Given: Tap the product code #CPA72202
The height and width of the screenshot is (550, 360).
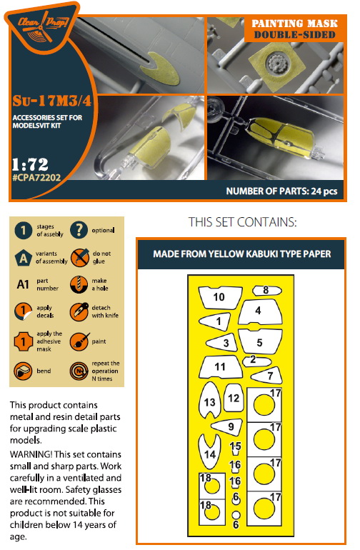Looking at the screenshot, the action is click(x=36, y=177).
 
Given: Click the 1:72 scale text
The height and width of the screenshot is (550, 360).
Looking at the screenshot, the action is click(x=30, y=164).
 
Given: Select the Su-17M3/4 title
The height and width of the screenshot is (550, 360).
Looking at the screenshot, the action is click(x=52, y=101).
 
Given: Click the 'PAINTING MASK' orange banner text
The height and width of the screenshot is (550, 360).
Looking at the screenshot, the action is click(x=294, y=24).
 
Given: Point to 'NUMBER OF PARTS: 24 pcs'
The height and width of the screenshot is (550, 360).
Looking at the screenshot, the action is click(x=281, y=191).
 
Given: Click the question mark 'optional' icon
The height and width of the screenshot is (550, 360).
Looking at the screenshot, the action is click(x=79, y=230).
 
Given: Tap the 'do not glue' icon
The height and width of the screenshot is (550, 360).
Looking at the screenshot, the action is click(x=79, y=257).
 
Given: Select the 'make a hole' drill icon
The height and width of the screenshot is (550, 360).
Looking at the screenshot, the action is click(x=79, y=284).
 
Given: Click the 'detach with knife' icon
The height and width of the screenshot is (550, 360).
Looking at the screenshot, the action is click(x=79, y=311).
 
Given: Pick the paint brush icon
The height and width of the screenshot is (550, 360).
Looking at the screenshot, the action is click(x=79, y=341).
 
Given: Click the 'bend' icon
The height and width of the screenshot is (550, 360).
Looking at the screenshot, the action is click(x=23, y=371).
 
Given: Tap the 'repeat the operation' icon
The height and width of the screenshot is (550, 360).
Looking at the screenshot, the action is click(x=79, y=371).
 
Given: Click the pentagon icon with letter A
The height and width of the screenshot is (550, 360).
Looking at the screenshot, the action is click(x=24, y=258).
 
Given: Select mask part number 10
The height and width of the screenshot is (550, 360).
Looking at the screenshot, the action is click(x=220, y=297).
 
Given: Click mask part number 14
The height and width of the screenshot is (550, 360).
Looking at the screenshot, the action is click(x=209, y=452).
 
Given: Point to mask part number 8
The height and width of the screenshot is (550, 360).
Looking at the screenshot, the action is click(x=267, y=291).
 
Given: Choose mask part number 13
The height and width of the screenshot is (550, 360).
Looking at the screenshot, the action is click(x=209, y=401).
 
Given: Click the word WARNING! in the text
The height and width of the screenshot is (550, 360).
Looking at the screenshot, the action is click(x=31, y=454).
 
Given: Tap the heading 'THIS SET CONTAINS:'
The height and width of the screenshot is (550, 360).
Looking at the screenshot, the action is click(x=242, y=222).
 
